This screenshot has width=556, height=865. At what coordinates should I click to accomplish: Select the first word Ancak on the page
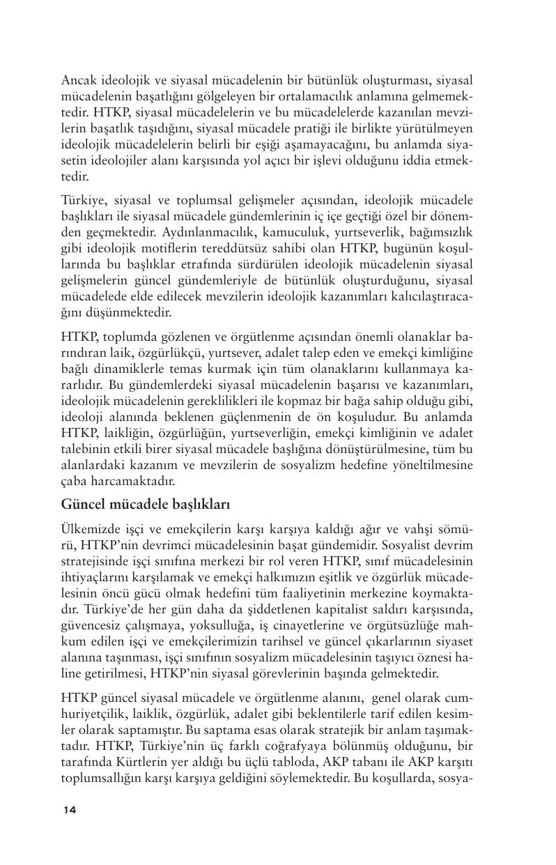(78, 81)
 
